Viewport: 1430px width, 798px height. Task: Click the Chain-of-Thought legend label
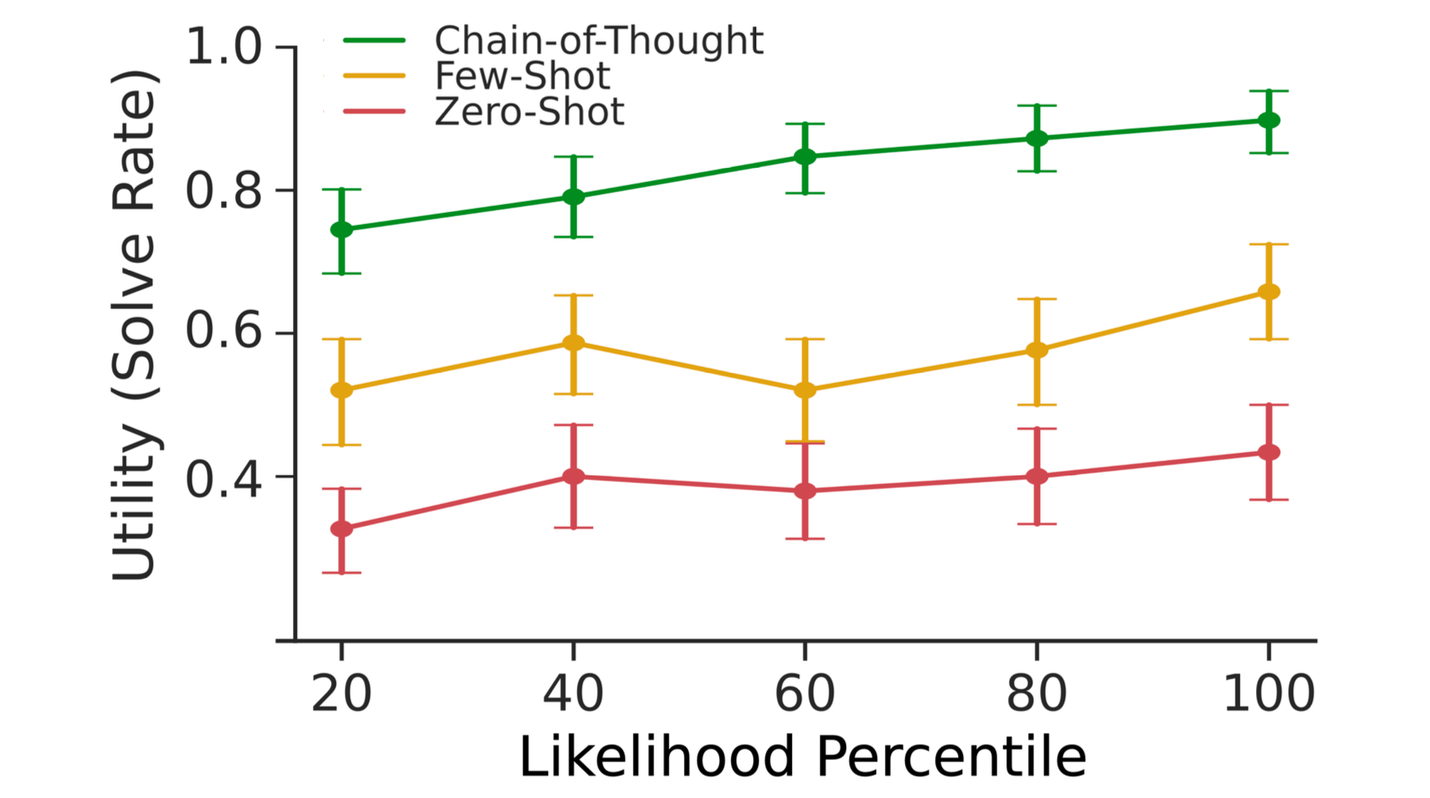click(x=598, y=41)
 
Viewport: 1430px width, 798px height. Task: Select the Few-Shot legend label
click(x=522, y=76)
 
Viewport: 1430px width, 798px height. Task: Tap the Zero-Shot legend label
click(x=529, y=111)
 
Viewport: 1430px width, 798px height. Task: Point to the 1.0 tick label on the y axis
click(x=223, y=47)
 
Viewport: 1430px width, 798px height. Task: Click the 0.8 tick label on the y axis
click(x=223, y=191)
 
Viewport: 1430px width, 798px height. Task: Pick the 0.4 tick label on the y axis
click(x=223, y=478)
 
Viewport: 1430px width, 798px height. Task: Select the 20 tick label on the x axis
click(x=342, y=693)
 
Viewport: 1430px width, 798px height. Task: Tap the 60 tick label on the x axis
click(x=805, y=693)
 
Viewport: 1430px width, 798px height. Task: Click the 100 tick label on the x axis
click(x=1268, y=693)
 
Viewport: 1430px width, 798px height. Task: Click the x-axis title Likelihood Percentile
click(x=802, y=756)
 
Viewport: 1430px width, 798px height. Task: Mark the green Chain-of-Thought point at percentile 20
click(x=342, y=230)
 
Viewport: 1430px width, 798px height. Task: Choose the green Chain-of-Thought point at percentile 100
click(x=1269, y=121)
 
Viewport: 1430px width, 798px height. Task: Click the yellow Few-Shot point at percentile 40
click(x=574, y=343)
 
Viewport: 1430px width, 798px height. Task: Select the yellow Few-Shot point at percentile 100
click(x=1269, y=292)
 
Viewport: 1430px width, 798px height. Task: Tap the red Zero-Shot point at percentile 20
click(x=342, y=529)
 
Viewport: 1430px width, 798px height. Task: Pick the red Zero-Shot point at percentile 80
click(x=1037, y=477)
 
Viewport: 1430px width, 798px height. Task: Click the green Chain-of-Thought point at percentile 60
click(x=805, y=157)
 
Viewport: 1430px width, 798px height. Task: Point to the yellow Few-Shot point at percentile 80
click(x=1037, y=351)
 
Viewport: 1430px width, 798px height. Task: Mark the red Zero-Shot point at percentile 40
click(x=574, y=477)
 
